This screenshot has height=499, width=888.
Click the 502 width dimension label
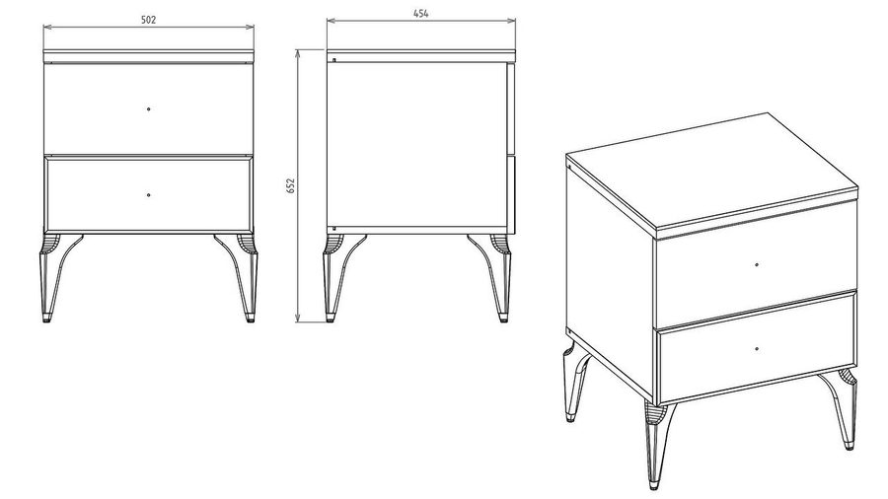coord(148,20)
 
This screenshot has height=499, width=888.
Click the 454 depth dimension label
coord(420,14)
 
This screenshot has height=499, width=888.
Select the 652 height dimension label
coord(291,185)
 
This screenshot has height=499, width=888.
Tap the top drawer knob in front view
coord(148,108)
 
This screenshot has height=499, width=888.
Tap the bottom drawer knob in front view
coord(148,194)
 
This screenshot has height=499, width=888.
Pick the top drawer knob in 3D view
coord(757,264)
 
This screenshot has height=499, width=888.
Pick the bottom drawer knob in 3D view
coord(757,349)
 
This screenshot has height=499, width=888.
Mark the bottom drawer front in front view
coord(148,195)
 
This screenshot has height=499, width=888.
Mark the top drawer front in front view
coord(148,107)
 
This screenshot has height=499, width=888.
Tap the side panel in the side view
coord(416,144)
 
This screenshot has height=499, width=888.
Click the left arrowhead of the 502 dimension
coord(47,27)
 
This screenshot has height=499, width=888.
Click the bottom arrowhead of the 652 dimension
coord(298,319)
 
